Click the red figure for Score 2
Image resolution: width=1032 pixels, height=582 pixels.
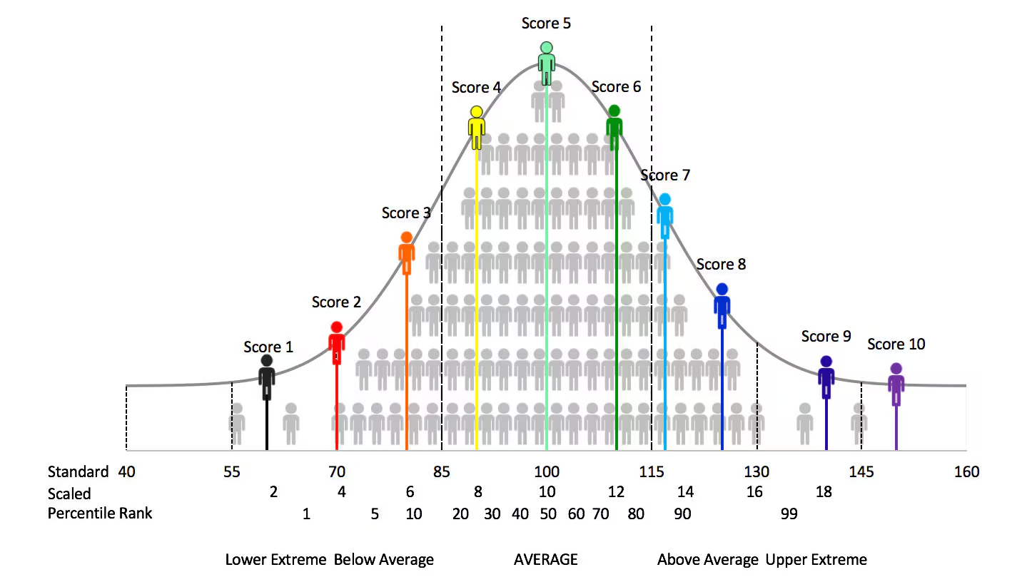coord(336,343)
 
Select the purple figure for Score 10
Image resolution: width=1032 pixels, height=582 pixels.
coord(896,384)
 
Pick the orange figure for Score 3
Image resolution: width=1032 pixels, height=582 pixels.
coord(406,252)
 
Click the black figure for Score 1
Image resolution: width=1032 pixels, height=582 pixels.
coord(267,377)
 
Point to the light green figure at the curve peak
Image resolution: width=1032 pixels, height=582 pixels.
coord(546,63)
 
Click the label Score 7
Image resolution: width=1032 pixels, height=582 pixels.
coord(665,175)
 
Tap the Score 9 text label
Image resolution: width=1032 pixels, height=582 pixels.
coord(826,337)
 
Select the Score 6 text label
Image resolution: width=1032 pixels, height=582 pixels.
coord(616,87)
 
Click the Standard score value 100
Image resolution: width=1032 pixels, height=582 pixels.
coord(547,472)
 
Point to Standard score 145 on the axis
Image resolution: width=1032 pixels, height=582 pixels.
coord(861,472)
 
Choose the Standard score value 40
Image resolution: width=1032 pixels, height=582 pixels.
coord(127,472)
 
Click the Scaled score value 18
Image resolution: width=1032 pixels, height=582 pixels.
coord(824,493)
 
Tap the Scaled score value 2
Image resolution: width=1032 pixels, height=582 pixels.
coord(273,493)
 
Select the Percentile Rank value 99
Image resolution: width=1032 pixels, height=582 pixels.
coord(789,514)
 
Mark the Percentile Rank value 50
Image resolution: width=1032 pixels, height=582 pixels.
coord(547,514)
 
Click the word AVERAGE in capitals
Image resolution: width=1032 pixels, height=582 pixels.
coord(546,560)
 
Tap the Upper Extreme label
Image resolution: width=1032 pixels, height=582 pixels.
coord(816,560)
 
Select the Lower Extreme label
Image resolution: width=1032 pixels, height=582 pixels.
coord(275,560)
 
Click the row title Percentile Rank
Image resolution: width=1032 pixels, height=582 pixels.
coord(100,514)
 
